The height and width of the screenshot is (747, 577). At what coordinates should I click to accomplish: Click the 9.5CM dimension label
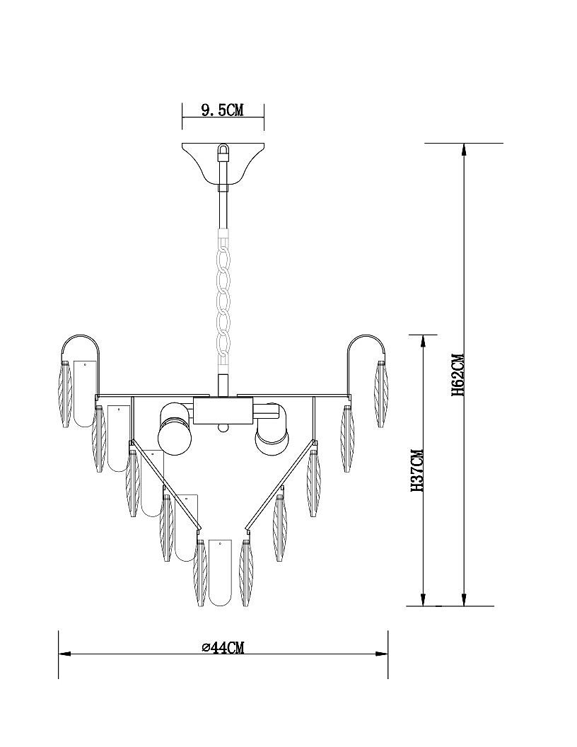coord(222,110)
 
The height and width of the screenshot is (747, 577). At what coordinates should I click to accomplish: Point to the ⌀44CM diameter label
coord(223,647)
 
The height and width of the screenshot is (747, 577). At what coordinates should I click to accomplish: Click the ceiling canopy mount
coord(223,161)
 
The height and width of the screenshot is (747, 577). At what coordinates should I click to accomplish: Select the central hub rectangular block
coord(223,410)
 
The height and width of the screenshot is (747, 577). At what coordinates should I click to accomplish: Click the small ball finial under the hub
coord(223,427)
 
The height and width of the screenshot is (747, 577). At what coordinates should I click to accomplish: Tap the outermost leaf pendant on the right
coord(382,393)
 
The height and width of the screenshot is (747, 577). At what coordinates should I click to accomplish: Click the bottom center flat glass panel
coord(221,573)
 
